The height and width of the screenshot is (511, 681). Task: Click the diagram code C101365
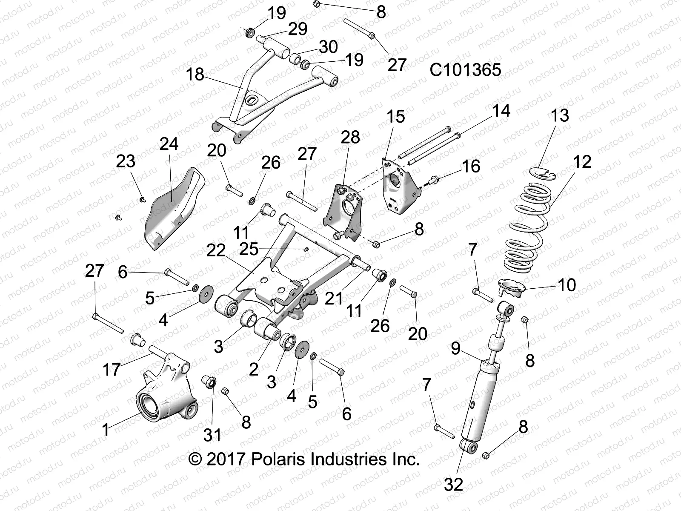[x=465, y=70]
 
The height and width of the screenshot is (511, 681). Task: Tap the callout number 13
[x=560, y=115]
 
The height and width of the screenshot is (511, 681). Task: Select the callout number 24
[x=169, y=144]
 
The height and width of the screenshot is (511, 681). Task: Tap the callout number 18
[x=195, y=75]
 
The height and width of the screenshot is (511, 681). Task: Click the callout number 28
[x=350, y=137]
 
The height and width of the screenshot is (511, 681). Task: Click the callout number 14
[x=501, y=111]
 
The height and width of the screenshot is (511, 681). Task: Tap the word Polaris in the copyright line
[x=278, y=459]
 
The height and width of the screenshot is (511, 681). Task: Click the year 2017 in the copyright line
[x=224, y=459]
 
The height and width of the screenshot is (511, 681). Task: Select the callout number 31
[x=212, y=435]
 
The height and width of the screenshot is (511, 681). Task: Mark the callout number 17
[x=112, y=369]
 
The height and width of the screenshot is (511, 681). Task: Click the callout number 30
[x=328, y=47]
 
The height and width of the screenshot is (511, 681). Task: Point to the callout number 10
[x=567, y=284]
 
